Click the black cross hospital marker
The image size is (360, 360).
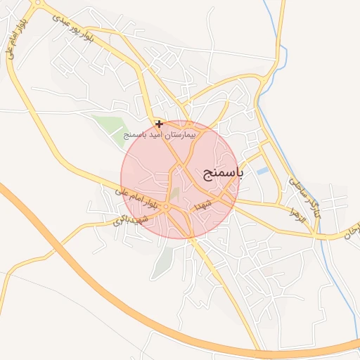[x=160, y=124]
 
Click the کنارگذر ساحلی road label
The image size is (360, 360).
[x=304, y=196]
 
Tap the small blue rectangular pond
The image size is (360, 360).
[x=262, y=171]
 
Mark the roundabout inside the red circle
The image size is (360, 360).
[x=166, y=207]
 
